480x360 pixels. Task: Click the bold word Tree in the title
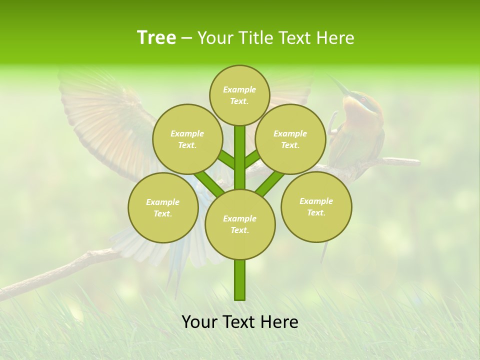(156, 38)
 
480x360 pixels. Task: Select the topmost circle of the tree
(239, 95)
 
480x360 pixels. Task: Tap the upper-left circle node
(187, 139)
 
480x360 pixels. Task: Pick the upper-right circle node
(290, 139)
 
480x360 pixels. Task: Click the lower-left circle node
(163, 207)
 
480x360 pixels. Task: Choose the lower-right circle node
(316, 206)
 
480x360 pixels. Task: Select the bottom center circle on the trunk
(240, 224)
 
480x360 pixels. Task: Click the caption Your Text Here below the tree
(240, 322)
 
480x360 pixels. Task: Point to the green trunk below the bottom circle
(240, 280)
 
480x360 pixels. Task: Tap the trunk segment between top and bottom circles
(240, 157)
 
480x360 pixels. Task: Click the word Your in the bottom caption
(199, 322)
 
